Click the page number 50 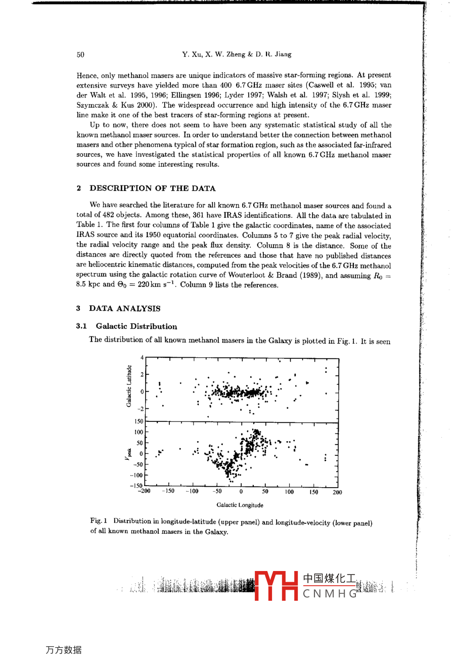click(81, 55)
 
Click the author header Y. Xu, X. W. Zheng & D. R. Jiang click(237, 55)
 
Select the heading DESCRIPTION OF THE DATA click(153, 188)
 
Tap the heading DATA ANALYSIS click(125, 308)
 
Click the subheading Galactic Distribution click(136, 326)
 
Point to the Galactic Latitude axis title click(129, 386)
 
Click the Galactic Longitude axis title click(240, 505)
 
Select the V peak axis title click(129, 454)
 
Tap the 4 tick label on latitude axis click(142, 358)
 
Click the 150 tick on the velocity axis click(139, 421)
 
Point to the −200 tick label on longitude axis click(144, 491)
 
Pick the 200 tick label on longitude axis click(337, 492)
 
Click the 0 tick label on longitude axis click(241, 491)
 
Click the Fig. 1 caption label click(99, 520)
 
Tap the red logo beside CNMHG click(276, 586)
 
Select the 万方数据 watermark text click(64, 650)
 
